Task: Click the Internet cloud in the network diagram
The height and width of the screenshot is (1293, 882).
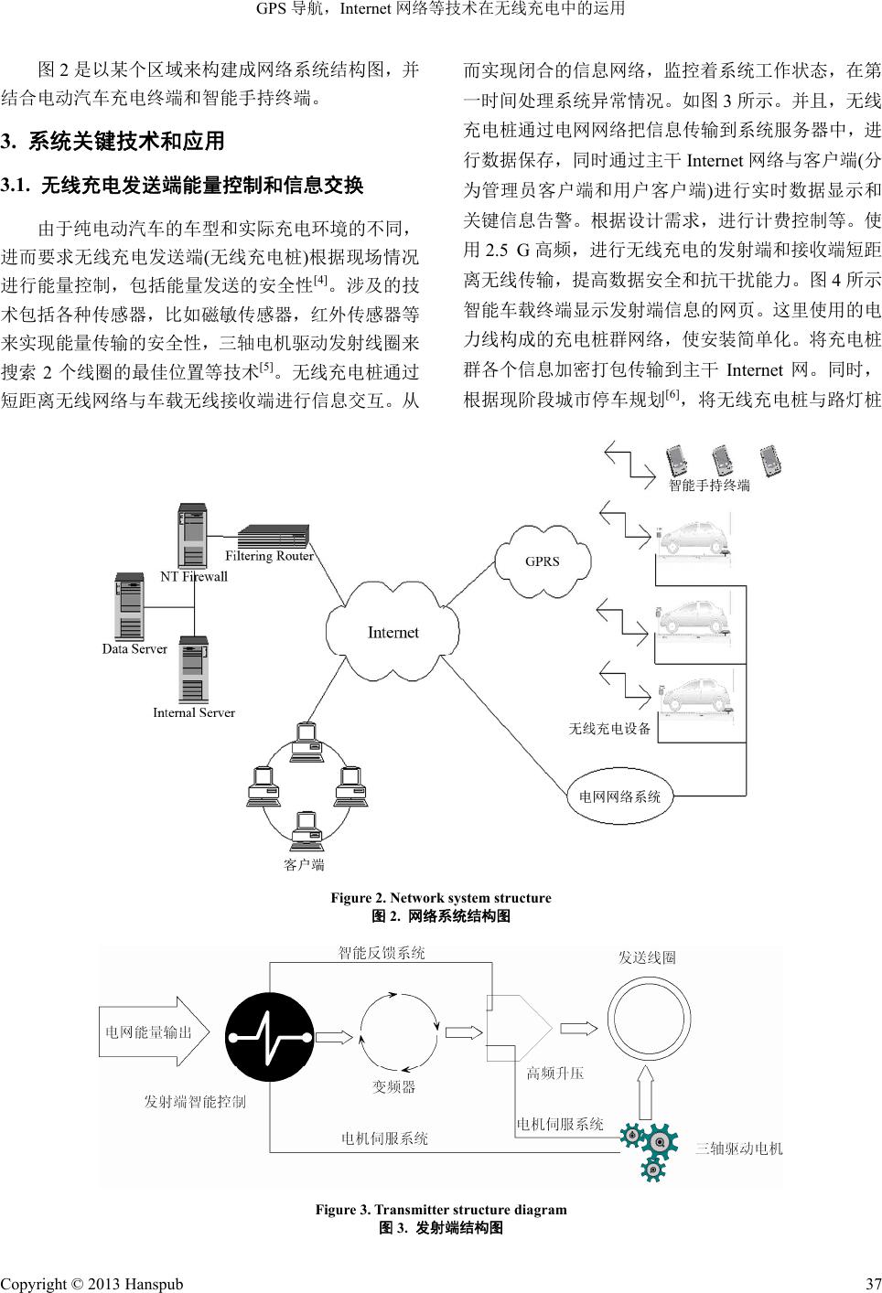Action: click(x=393, y=632)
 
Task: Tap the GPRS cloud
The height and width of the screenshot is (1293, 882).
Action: click(x=542, y=561)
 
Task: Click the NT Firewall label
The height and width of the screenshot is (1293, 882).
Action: click(x=194, y=576)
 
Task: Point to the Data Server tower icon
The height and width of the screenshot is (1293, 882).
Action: click(x=129, y=605)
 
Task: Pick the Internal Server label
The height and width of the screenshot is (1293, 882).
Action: click(x=194, y=712)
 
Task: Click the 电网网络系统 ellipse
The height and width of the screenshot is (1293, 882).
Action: click(x=620, y=796)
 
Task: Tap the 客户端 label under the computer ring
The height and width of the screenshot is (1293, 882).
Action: click(x=304, y=863)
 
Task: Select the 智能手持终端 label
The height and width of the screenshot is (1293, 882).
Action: click(x=709, y=486)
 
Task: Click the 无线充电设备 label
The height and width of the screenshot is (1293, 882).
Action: click(x=609, y=729)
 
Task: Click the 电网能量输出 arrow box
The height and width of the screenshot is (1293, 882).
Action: click(x=151, y=1033)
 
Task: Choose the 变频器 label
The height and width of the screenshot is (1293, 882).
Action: click(x=393, y=1086)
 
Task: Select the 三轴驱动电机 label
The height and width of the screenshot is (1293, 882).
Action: click(x=739, y=1148)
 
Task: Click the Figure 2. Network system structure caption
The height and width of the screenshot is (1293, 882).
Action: click(x=441, y=898)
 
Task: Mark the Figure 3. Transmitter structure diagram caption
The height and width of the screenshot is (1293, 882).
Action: click(x=441, y=1209)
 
